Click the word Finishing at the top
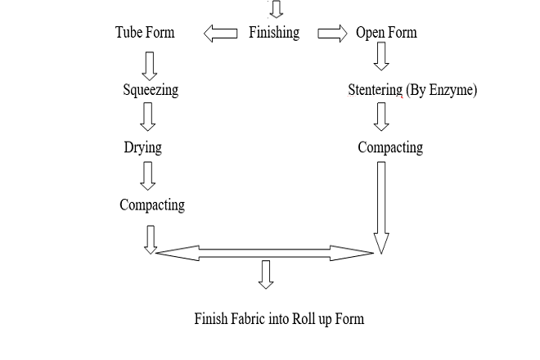[x=274, y=33]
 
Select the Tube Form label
[x=145, y=33]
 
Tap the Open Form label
[x=386, y=33]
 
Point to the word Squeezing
[x=151, y=90]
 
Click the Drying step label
[x=143, y=147]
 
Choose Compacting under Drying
[x=152, y=205]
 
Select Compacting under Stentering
[x=390, y=147]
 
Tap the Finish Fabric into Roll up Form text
[x=279, y=318]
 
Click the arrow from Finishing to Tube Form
[x=219, y=34]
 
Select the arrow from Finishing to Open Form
[x=332, y=34]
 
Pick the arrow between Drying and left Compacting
[x=148, y=175]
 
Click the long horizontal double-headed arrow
[x=264, y=253]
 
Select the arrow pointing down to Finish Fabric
[x=265, y=274]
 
